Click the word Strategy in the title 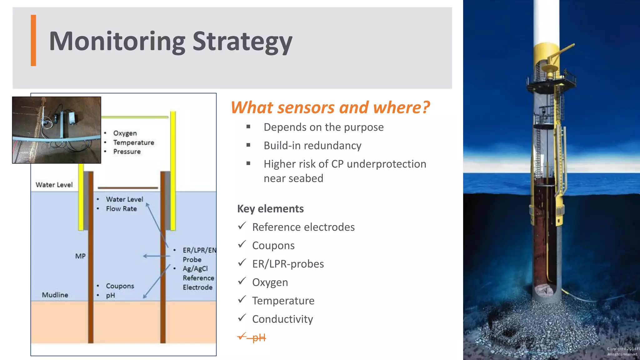242,42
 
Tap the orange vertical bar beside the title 33,41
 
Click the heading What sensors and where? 330,107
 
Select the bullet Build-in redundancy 312,146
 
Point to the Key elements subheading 270,209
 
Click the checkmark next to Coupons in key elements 242,244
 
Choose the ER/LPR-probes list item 288,264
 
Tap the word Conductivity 282,319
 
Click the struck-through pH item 259,337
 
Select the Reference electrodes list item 303,227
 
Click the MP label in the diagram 80,256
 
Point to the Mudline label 55,295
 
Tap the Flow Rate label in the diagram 121,209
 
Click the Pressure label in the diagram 127,152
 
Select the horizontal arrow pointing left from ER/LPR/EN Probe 156,256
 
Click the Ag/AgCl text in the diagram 195,269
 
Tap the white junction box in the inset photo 72,118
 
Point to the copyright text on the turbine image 622,351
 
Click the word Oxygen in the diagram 125,133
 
